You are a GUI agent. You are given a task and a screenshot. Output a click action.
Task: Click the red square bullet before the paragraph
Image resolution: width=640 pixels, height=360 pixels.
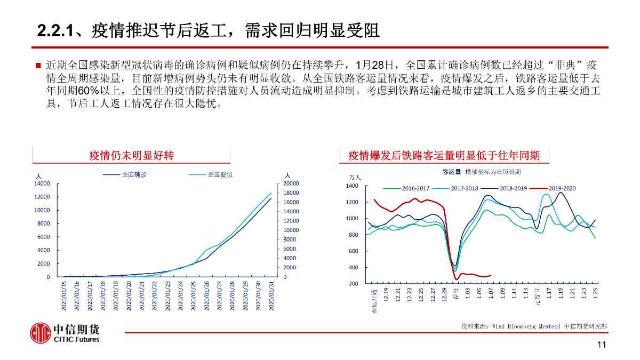click(38, 66)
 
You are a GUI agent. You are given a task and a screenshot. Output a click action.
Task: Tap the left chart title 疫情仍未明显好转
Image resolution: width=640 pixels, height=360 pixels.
click(131, 155)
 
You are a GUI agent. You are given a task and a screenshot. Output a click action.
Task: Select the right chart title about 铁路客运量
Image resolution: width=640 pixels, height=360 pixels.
click(444, 155)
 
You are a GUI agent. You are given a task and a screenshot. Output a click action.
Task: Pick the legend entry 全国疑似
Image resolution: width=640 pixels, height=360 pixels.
click(220, 174)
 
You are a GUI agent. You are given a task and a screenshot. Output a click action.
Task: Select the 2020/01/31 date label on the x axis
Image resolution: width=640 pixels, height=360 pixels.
click(272, 295)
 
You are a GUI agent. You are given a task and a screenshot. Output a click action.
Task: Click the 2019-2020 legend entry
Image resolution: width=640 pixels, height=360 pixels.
click(562, 188)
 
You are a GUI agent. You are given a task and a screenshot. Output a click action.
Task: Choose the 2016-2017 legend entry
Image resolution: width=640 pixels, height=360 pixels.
click(415, 188)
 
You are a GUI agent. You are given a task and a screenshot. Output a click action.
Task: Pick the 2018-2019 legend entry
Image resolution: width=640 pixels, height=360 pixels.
click(513, 188)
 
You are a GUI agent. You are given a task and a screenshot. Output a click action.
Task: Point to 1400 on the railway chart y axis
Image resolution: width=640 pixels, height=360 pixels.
click(352, 186)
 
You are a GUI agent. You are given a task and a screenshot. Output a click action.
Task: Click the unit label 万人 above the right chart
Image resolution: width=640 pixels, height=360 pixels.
click(355, 177)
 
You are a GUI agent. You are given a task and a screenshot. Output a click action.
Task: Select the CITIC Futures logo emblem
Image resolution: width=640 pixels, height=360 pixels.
click(40, 333)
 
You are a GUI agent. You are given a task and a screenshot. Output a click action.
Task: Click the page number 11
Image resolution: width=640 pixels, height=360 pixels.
click(602, 345)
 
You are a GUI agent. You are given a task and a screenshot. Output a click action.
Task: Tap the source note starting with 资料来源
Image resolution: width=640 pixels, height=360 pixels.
click(534, 326)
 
